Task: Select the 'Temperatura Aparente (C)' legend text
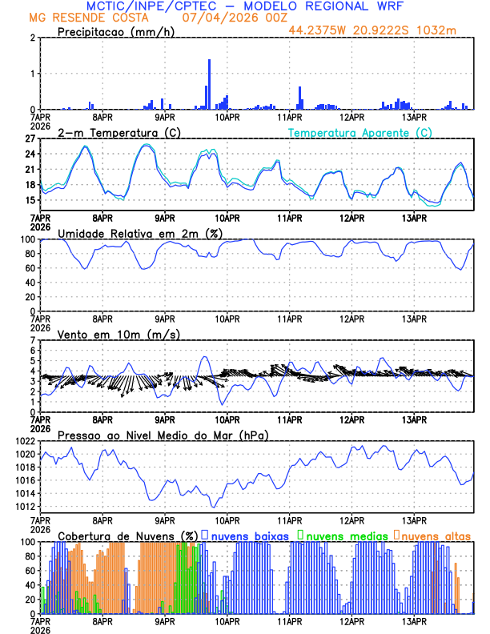[x=360, y=132]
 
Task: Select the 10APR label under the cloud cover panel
[x=227, y=620]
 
